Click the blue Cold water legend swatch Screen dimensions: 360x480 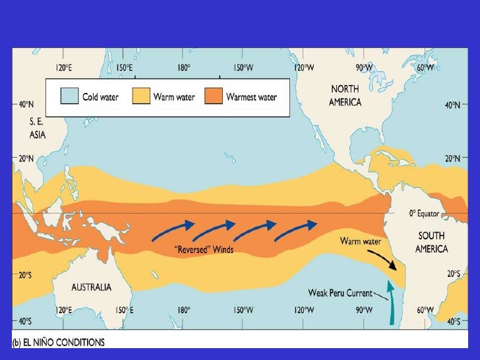click(70, 98)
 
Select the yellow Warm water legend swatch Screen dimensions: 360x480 click(142, 98)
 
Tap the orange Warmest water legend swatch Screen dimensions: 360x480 click(214, 98)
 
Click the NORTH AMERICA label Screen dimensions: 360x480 click(345, 96)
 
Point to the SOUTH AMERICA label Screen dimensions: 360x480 click(431, 242)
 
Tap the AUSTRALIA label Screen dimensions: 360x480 click(92, 287)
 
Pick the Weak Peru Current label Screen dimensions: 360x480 click(340, 292)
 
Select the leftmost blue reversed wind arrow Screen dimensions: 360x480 click(173, 230)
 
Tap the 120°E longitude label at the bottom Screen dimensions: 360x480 click(66, 309)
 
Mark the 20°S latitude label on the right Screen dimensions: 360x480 click(453, 273)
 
